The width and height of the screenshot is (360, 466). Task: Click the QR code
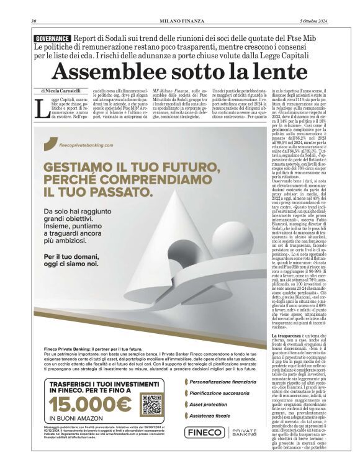[x=151, y=404]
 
